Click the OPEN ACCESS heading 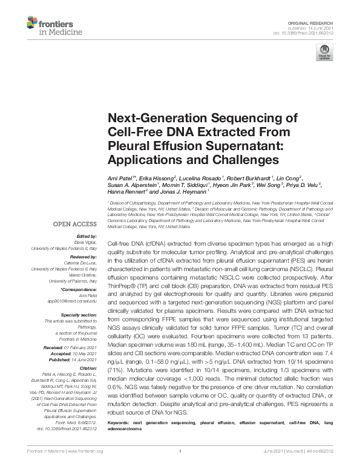coord(75,224)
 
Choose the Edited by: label coord(86,236)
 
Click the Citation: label coord(88,369)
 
